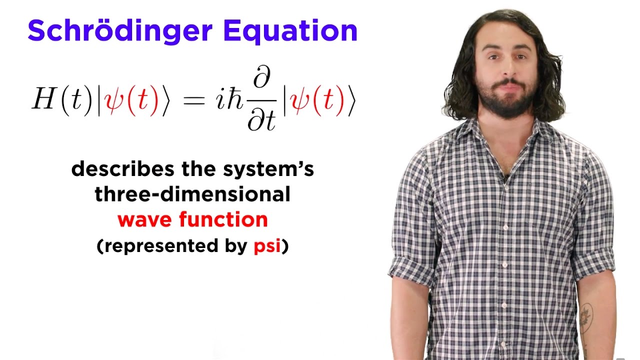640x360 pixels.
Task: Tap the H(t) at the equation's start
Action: [x=61, y=100]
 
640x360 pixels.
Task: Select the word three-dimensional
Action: [x=192, y=194]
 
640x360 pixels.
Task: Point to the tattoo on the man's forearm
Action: [x=585, y=315]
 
